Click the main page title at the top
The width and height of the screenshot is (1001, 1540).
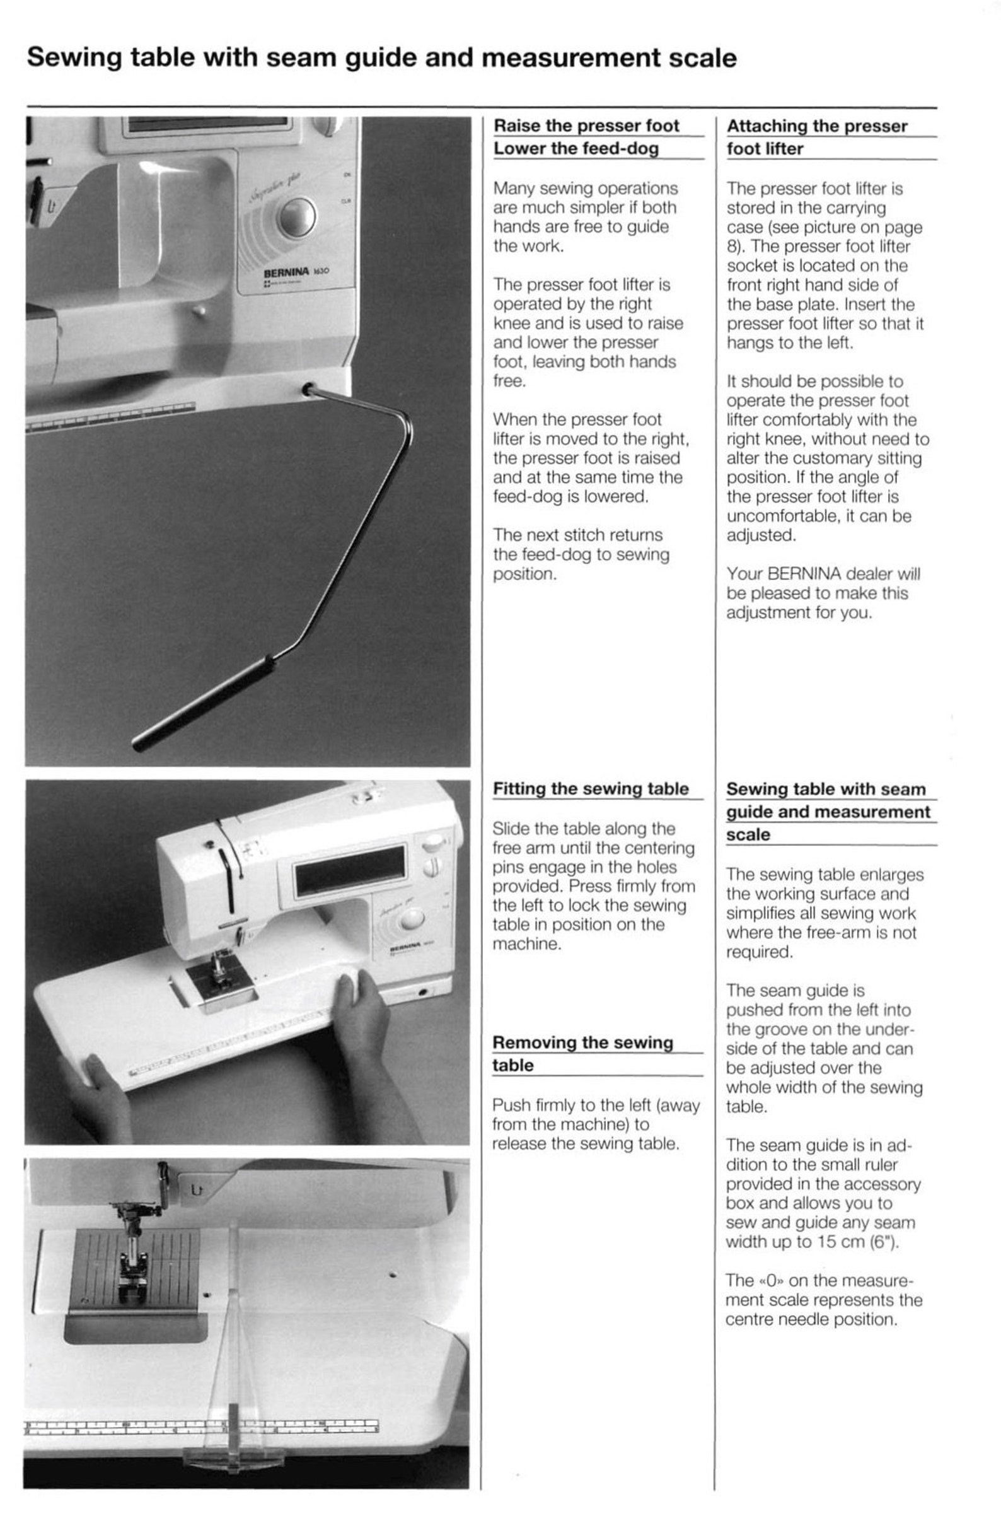pos(381,58)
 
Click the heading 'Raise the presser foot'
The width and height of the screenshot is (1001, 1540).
pos(586,125)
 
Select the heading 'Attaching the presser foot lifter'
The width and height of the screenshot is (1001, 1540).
pos(816,137)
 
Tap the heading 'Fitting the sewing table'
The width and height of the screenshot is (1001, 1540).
pos(591,789)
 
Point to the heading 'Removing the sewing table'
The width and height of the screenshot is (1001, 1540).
pos(582,1053)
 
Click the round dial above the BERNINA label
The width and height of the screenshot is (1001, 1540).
pos(297,216)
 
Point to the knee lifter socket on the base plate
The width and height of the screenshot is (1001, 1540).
pos(308,390)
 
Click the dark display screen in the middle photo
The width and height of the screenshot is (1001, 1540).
pos(350,870)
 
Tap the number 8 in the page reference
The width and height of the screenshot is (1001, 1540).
pos(731,247)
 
